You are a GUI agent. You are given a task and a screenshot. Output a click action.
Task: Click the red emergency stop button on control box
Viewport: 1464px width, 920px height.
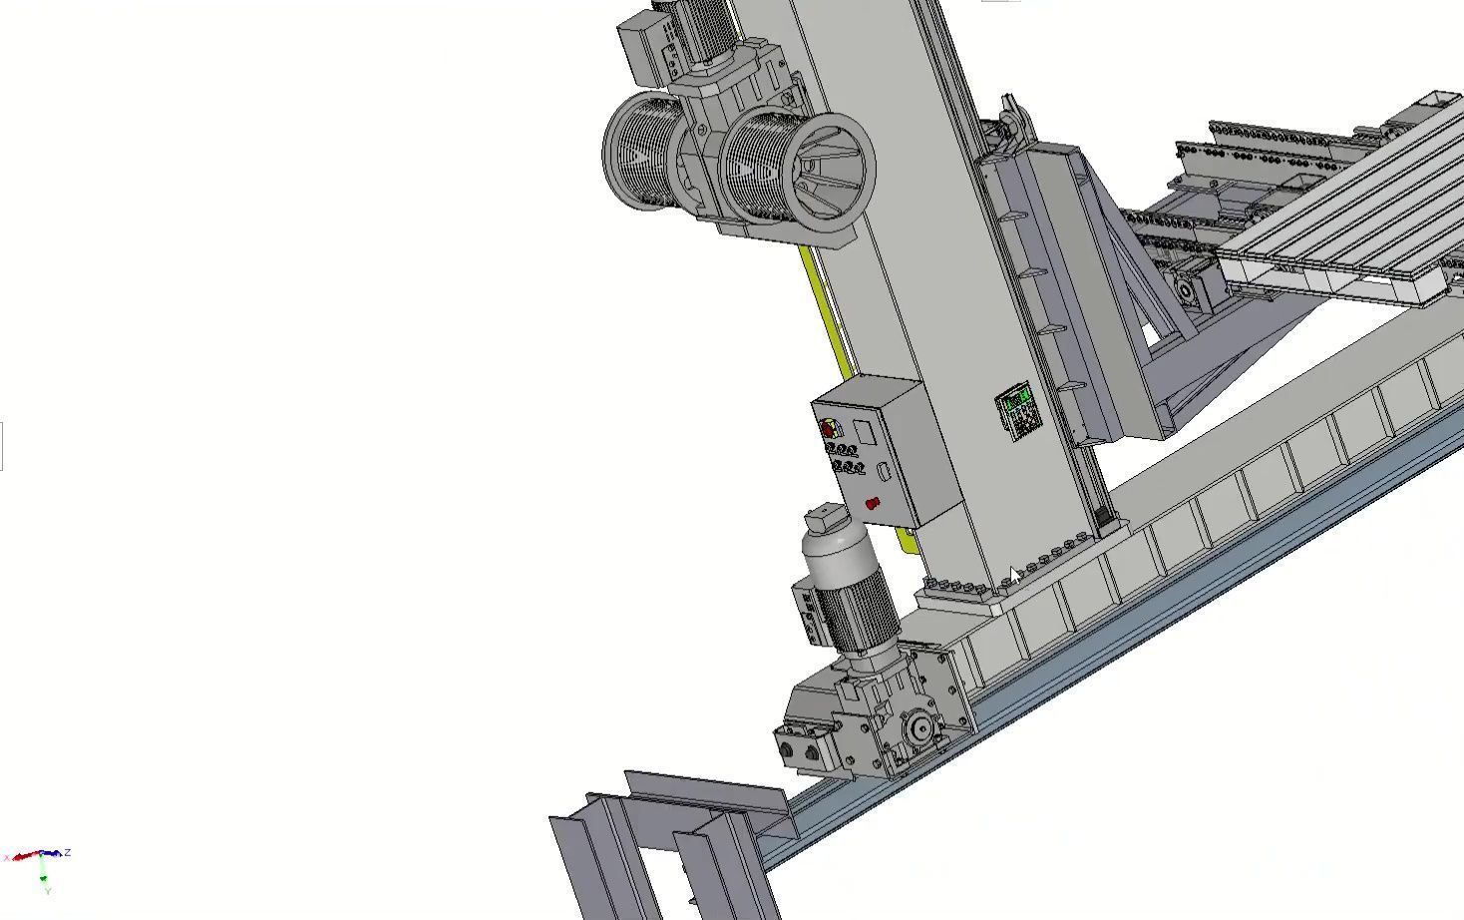tap(873, 503)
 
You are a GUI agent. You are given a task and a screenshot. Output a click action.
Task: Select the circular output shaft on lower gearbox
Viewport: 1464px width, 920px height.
tap(918, 727)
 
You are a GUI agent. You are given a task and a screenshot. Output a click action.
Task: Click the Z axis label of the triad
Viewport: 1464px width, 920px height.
tap(67, 852)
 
